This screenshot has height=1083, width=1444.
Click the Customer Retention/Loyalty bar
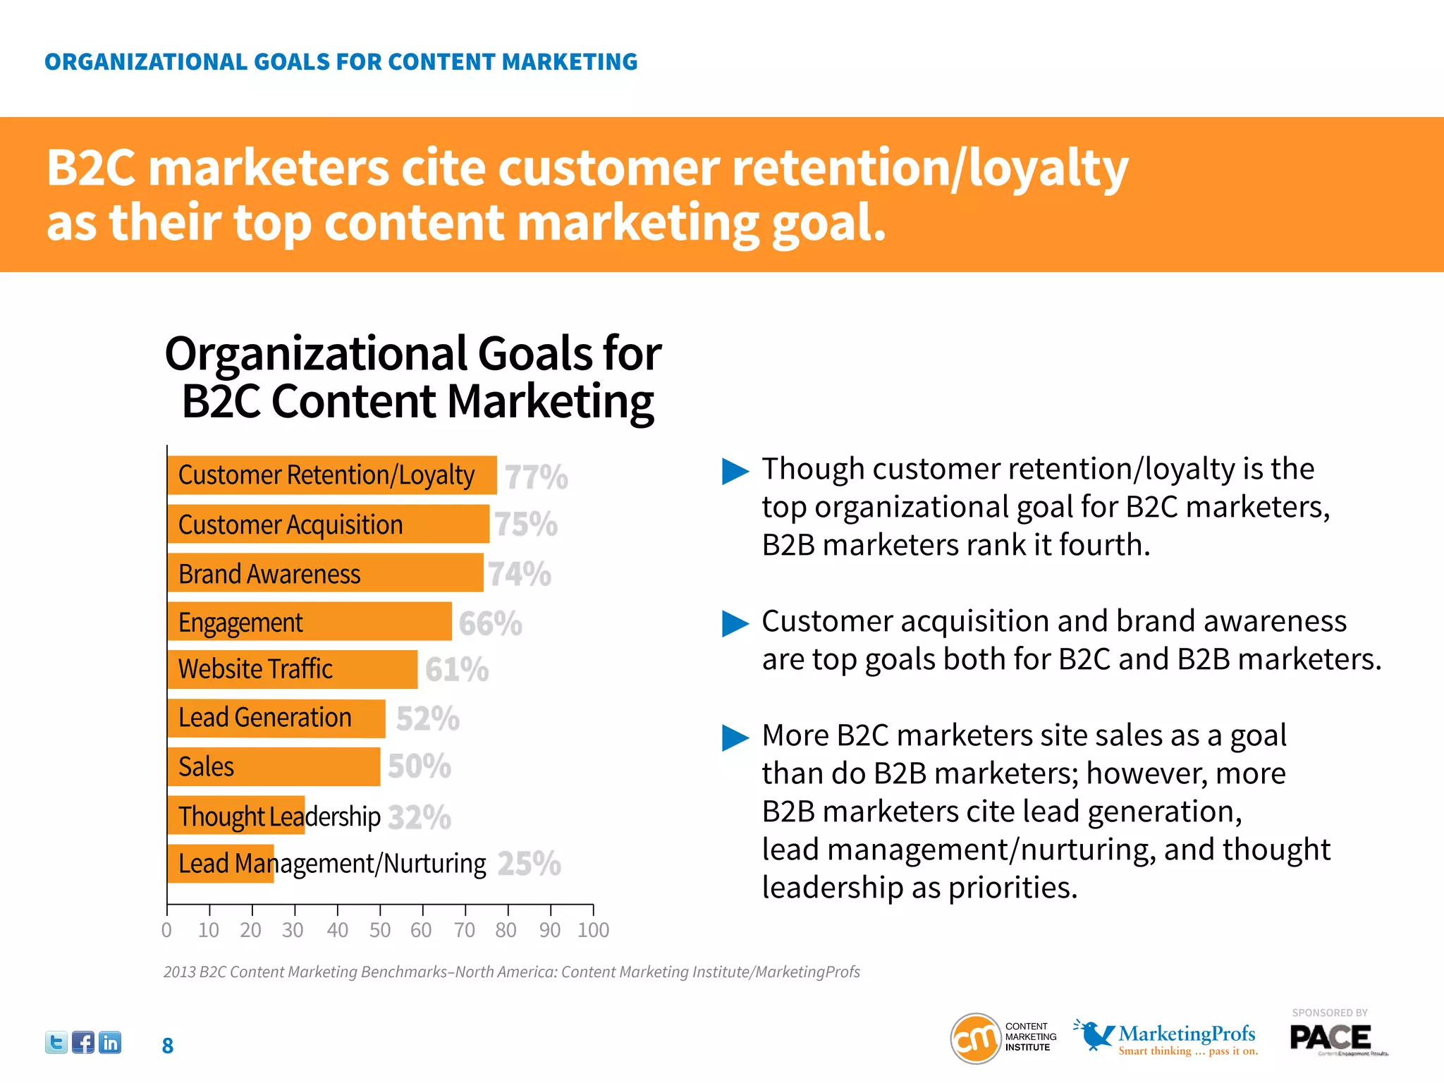pos(331,475)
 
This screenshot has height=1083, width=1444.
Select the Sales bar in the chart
pos(274,766)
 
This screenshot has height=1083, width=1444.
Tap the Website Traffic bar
pos(292,669)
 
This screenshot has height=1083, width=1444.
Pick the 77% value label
pos(537,477)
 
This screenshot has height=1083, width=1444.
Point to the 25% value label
pos(529,864)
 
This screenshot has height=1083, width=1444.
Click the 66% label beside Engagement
pos(490,624)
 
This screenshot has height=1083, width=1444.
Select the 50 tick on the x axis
pos(380,930)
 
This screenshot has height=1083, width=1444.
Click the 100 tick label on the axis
pos(593,930)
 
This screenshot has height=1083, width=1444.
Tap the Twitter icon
pos(56,1042)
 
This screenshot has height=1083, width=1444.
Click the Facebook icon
pos(83,1042)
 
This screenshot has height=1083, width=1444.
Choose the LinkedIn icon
pos(110,1042)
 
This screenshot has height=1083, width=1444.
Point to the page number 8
pos(168,1046)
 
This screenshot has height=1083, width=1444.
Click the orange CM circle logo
pos(976,1038)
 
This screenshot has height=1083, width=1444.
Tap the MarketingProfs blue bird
pos(1094,1034)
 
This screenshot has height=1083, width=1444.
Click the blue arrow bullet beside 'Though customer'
pos(735,471)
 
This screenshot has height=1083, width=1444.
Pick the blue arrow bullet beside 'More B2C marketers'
pos(735,738)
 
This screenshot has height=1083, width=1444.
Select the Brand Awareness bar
pos(325,573)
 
